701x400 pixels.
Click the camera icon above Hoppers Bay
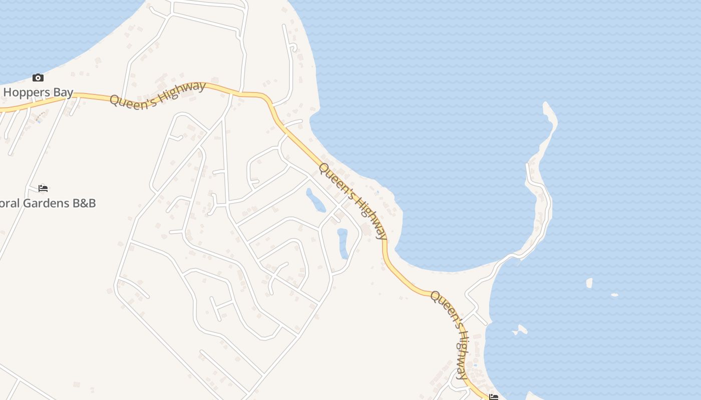tap(38, 77)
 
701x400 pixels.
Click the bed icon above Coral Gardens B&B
tap(43, 188)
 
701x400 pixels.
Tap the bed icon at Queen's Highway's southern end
tap(494, 397)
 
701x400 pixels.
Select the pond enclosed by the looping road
tap(343, 243)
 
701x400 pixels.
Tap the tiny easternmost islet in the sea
tap(614, 294)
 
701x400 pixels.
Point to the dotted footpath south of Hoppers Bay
tap(41, 115)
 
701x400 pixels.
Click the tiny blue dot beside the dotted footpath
tap(39, 120)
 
